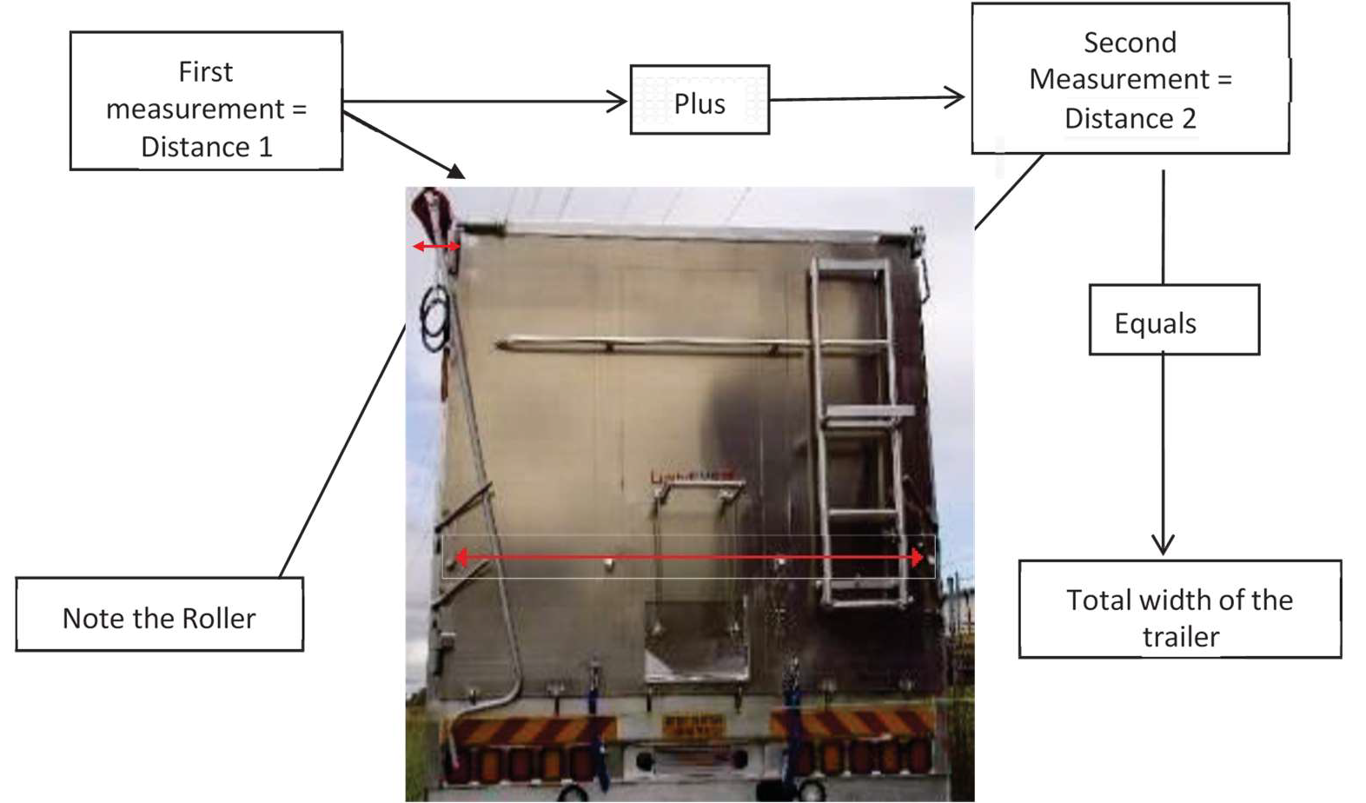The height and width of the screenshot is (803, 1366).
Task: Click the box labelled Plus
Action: click(x=700, y=100)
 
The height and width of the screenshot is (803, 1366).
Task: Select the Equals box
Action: click(x=1174, y=320)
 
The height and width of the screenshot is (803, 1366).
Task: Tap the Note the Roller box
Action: click(x=159, y=614)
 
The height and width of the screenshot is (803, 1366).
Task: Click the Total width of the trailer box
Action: click(x=1179, y=609)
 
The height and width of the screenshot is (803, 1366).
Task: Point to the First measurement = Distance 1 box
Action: click(x=206, y=101)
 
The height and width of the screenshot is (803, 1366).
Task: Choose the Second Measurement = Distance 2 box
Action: click(x=1130, y=79)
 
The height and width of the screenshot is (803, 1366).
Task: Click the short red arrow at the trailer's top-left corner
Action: click(x=436, y=247)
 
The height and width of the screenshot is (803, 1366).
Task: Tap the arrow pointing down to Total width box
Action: click(x=1163, y=452)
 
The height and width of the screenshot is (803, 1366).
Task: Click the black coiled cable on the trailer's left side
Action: click(x=434, y=316)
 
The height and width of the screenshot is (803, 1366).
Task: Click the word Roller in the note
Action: click(x=220, y=618)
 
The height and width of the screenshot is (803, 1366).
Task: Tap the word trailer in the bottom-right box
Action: click(x=1180, y=637)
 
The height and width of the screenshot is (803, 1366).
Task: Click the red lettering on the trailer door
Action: click(x=692, y=476)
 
